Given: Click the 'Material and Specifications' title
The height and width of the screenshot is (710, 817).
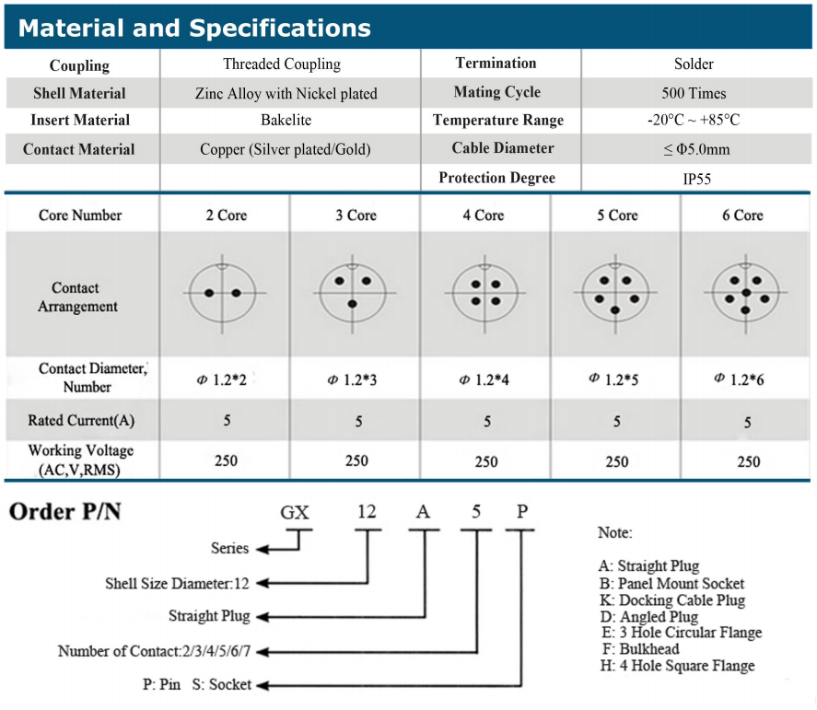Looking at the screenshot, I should (x=194, y=28).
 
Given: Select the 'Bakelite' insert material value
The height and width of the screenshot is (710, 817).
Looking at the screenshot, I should (x=286, y=121).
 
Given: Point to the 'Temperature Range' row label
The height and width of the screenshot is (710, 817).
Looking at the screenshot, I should (x=497, y=121).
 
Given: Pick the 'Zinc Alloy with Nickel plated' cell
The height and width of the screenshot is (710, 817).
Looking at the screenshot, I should (x=286, y=93).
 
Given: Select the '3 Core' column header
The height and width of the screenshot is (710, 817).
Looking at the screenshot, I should (x=356, y=215).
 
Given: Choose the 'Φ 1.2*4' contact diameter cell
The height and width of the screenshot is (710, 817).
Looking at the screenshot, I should (x=486, y=379).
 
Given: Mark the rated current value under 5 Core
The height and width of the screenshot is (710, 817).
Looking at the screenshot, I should (x=617, y=422).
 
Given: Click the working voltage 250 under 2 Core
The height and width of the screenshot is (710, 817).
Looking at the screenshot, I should (x=227, y=460).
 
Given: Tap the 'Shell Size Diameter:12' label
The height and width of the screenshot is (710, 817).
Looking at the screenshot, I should (x=176, y=583).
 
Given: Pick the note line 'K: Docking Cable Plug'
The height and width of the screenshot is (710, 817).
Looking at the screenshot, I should (x=671, y=600).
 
